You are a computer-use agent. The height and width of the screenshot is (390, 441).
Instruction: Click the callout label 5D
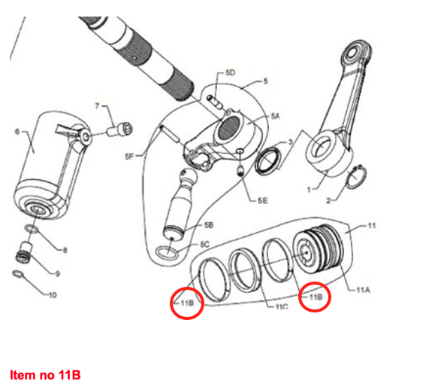(x=230, y=73)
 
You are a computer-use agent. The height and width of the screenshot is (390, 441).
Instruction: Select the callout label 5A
(x=276, y=116)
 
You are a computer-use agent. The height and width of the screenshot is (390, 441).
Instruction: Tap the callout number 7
(x=98, y=106)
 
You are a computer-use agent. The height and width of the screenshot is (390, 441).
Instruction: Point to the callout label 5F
(x=129, y=157)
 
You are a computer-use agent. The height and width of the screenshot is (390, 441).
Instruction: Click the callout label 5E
(x=262, y=200)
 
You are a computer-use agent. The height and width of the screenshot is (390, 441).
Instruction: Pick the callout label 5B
(x=209, y=225)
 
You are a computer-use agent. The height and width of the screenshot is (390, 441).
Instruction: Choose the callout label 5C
(x=205, y=244)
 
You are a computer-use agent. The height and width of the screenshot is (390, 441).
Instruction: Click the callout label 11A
(x=363, y=290)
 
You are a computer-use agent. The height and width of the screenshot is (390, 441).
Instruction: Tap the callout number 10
(x=53, y=295)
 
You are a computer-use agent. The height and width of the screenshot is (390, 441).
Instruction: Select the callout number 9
(x=57, y=273)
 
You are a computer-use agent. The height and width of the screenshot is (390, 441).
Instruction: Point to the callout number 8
(x=65, y=250)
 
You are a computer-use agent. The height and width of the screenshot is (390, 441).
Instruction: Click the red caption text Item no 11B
(x=45, y=375)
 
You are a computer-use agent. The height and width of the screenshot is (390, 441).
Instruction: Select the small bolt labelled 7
(x=119, y=129)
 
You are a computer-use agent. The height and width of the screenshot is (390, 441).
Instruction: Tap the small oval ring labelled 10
(x=18, y=274)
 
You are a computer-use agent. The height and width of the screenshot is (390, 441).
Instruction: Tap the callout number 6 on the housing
(x=17, y=132)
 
